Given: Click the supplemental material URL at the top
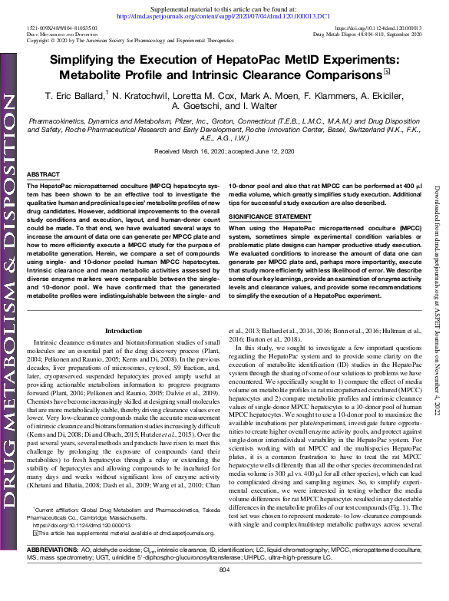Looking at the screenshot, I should click(x=224, y=15).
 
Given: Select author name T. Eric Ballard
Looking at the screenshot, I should click(x=74, y=95).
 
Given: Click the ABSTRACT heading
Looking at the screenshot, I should click(x=43, y=175).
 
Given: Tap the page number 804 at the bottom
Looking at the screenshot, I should click(x=225, y=593).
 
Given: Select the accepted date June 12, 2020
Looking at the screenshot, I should click(x=266, y=152).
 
